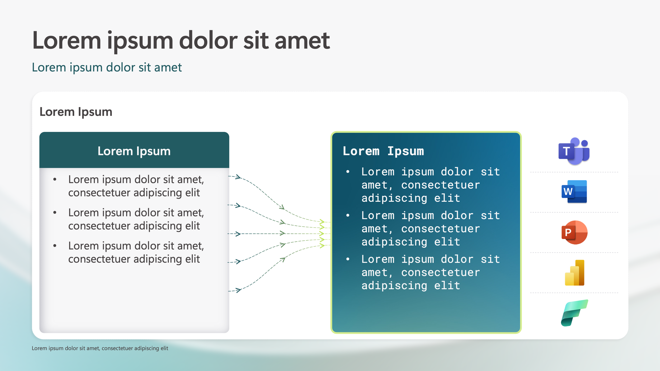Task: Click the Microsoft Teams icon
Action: [574, 151]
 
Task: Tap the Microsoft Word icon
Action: [574, 191]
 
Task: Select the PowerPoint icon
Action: [574, 232]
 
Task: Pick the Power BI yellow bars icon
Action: [574, 273]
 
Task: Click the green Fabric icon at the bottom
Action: [574, 313]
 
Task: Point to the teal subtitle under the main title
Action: [107, 68]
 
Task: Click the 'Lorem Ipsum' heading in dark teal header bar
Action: [134, 151]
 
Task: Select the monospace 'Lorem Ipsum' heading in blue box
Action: [383, 151]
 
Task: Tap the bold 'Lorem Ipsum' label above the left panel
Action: [76, 112]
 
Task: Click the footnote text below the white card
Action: [100, 348]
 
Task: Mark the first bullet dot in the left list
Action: [55, 180]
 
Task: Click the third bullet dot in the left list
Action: [55, 246]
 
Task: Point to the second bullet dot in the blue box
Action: [348, 216]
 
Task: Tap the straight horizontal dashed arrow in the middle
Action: [261, 234]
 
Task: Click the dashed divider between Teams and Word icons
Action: [574, 172]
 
